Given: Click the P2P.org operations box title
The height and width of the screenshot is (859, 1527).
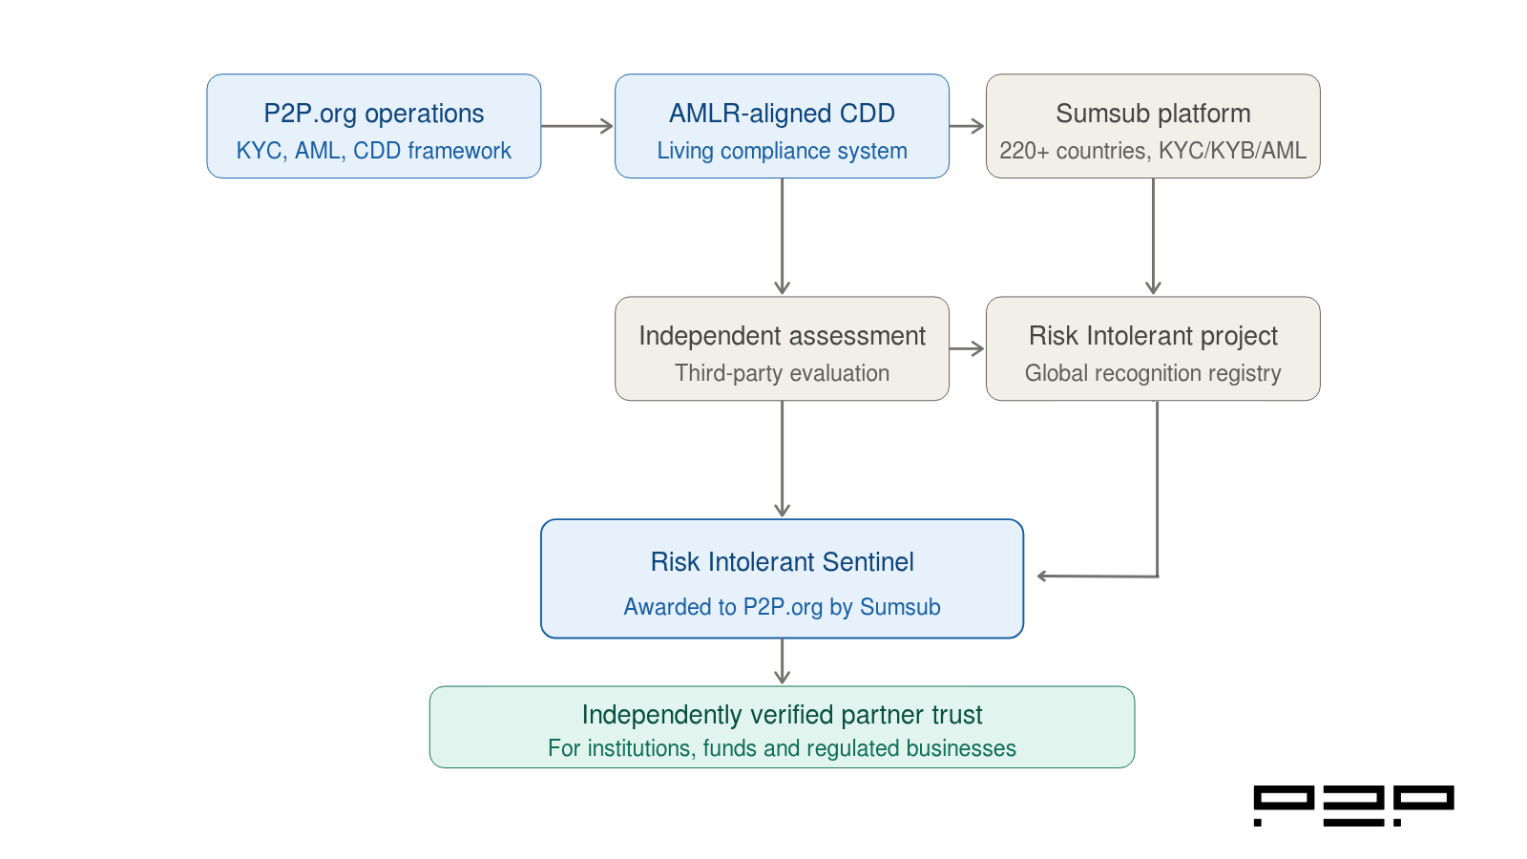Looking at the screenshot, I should [373, 114].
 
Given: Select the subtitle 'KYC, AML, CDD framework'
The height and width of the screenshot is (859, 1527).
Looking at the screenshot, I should [373, 151].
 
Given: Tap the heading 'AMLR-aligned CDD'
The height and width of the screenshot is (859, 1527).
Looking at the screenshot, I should [782, 114].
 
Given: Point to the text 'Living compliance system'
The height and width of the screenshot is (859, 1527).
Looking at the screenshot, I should [782, 151].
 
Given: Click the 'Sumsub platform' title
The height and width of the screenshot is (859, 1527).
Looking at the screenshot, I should [1153, 114].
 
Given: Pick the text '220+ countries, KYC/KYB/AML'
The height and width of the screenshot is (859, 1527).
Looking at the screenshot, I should [1153, 151].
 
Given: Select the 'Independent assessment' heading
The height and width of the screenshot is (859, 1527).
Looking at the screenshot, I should [782, 336].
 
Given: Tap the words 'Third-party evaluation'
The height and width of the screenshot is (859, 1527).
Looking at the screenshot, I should [782, 373].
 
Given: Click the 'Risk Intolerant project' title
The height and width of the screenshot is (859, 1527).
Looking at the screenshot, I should [1153, 336].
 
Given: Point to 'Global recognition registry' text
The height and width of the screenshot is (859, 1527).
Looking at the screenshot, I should [1153, 373].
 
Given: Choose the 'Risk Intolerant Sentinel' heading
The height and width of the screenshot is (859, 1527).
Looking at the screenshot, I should [782, 562].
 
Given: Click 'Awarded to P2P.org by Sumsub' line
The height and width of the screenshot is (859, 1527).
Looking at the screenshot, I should [782, 607].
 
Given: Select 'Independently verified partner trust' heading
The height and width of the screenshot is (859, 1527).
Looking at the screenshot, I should [782, 715].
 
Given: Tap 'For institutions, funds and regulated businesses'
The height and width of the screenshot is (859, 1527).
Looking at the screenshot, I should [782, 748].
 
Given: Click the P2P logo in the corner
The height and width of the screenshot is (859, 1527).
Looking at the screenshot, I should [1353, 806].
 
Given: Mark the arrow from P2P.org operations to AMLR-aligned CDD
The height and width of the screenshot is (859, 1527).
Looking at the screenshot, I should [577, 126].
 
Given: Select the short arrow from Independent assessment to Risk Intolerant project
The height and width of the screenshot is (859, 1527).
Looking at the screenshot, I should [967, 348].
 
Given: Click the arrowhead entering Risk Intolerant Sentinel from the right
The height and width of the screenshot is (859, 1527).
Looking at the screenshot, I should [1043, 576].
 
